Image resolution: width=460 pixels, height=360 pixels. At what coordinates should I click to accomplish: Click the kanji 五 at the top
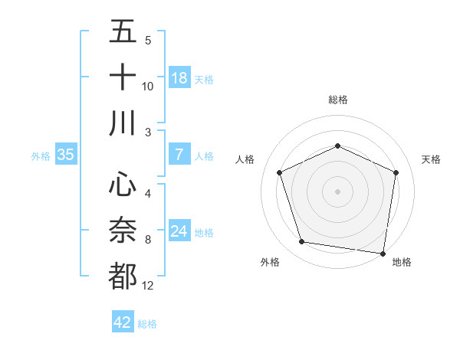pos(123,31)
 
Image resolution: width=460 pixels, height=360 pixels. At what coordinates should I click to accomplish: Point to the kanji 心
pos(123,185)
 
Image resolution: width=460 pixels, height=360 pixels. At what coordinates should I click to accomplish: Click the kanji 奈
pos(123,231)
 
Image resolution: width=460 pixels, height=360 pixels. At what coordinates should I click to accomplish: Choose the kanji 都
pos(123,276)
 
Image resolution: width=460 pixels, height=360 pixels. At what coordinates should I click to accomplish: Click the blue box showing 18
pos(179,78)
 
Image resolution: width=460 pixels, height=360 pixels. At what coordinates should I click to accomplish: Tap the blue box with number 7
pos(179,155)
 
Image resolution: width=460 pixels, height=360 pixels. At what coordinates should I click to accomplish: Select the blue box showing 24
pos(179,231)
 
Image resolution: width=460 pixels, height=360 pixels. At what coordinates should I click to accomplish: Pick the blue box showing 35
pos(65,155)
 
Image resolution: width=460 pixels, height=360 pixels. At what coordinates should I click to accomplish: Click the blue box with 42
pos(123,322)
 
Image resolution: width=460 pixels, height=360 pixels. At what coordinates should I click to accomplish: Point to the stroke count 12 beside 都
pos(147,286)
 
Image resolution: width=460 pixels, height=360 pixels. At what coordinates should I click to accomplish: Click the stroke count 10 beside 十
pos(147,86)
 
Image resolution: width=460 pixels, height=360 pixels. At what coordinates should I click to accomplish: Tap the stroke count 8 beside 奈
pos(147,240)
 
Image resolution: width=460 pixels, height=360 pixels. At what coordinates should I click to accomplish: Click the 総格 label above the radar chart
pos(337,100)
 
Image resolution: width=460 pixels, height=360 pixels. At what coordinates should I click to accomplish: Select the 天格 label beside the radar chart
pos(432,159)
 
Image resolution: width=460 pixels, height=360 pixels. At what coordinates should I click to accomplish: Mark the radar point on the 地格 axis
pos(383,253)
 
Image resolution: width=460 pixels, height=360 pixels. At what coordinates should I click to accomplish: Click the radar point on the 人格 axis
pos(279,172)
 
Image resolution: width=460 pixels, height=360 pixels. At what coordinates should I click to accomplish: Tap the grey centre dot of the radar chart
pos(337,191)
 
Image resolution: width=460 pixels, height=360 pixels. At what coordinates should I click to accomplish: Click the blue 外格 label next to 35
pos(41,155)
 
